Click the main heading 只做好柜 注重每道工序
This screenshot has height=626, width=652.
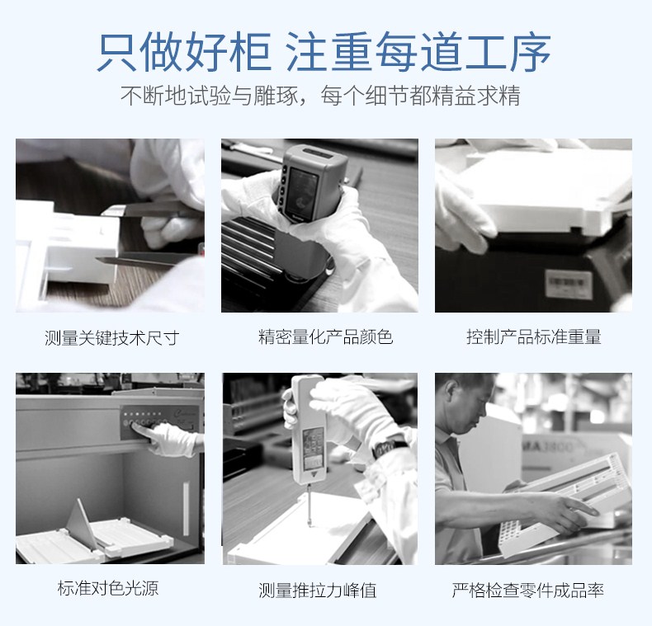pos(324,51)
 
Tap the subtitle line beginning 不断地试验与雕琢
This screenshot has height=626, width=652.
pos(320,96)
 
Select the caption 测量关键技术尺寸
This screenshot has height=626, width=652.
pos(112,337)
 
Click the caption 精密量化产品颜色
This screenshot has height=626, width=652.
pos(325,337)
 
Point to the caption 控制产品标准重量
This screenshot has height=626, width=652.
pos(533,337)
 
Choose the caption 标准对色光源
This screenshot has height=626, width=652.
pos(108,588)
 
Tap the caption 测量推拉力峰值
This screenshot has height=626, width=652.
pos(317,591)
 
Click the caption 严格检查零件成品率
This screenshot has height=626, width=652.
pos(527,591)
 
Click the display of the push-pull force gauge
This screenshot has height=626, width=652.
pos(313,447)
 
